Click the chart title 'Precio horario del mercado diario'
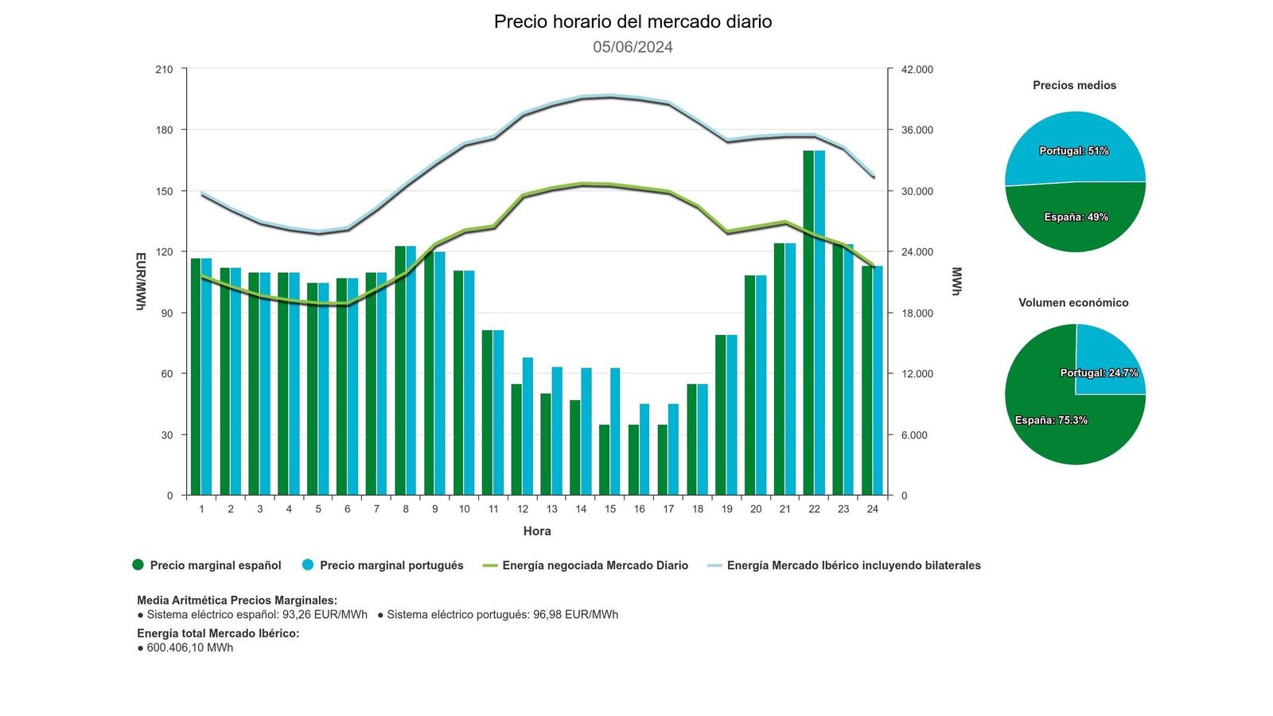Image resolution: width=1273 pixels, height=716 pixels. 633,21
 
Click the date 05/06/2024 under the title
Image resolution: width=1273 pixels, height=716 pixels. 633,47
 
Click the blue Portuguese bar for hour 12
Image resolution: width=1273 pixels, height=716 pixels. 527,426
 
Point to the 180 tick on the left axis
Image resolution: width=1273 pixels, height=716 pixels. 164,130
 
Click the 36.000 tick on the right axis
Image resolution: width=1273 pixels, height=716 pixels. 917,130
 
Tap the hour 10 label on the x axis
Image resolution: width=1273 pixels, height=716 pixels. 464,509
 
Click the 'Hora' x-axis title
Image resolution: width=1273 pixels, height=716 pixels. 537,531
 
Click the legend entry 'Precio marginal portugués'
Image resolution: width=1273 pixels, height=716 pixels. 391,566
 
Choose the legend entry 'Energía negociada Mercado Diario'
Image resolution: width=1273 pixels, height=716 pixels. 594,566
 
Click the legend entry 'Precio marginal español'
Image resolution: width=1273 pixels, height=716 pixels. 215,566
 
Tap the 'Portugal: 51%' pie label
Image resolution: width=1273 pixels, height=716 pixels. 1073,151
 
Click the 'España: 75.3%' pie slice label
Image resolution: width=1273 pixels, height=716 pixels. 1051,420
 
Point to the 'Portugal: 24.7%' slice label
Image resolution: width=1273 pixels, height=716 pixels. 1099,373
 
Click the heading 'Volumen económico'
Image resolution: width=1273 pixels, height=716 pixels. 1073,303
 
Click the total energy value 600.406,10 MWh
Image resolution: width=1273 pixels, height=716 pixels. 190,648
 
